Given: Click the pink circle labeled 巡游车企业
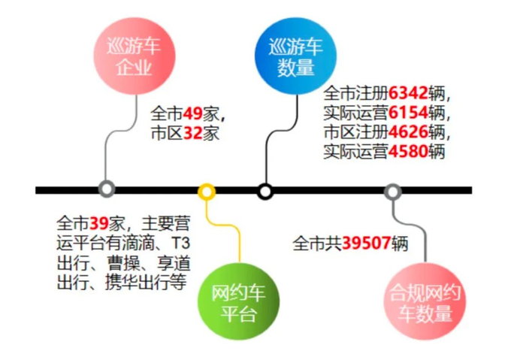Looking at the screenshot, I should (134, 56).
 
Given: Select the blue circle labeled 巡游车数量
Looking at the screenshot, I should (295, 56).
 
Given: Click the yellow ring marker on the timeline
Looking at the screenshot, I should (207, 191).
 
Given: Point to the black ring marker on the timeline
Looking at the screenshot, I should (265, 191).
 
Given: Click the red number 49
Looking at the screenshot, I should (193, 115).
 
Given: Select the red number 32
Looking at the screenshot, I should (193, 135).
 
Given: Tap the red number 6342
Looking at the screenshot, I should (409, 94).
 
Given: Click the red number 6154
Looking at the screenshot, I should (409, 113).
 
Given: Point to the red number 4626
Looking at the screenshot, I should (409, 133).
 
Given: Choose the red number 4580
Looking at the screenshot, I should (409, 153).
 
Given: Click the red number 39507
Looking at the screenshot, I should (366, 244).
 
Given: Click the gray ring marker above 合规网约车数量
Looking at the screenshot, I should (392, 191).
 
